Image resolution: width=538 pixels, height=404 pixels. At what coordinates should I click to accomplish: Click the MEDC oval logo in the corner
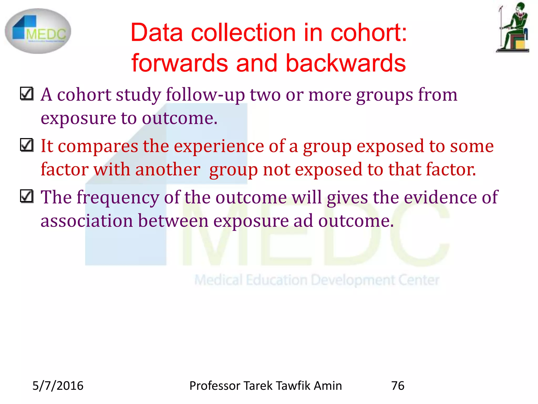coord(38,31)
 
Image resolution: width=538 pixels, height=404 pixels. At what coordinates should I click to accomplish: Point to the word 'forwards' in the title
coord(180,63)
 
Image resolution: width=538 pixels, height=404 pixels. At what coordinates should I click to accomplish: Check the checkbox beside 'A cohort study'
coord(27,94)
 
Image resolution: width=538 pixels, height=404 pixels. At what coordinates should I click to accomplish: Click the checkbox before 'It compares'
coord(27,145)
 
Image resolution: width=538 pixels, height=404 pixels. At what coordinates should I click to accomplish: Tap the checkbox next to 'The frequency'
coord(27,196)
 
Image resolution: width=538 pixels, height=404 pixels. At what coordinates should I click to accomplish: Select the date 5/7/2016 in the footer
coord(58,386)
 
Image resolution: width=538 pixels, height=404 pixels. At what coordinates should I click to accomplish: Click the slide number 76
coord(398,386)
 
